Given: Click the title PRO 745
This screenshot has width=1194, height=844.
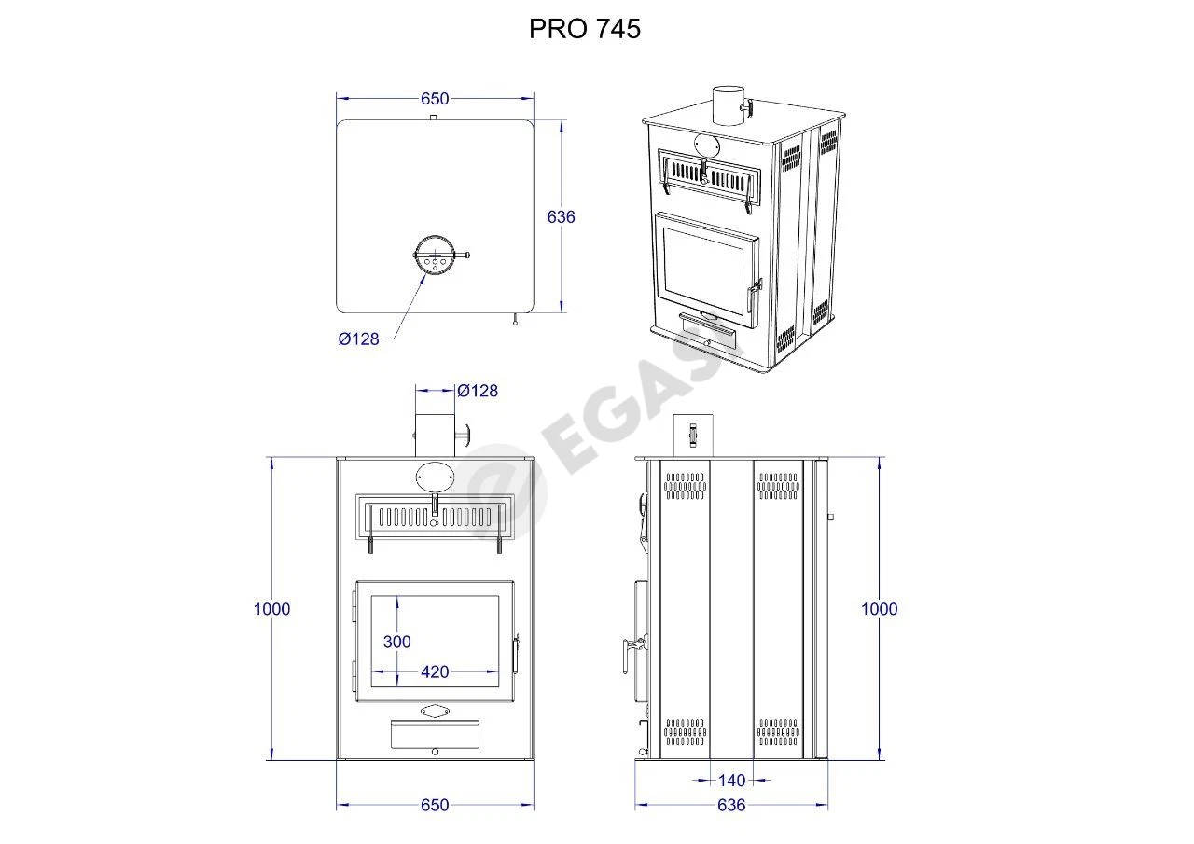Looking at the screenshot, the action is point(584,29).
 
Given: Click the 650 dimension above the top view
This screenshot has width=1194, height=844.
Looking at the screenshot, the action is point(435,99).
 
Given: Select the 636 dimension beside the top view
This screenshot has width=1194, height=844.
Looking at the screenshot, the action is point(561,217).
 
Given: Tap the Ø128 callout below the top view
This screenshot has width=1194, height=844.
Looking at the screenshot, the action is point(359,339).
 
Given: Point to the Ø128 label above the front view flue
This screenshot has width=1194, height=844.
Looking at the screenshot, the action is point(478,391).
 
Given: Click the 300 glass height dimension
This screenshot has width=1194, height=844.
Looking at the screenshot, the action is point(397,642).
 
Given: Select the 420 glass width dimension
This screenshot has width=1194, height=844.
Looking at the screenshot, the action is point(435,671).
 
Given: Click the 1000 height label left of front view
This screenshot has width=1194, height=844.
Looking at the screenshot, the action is point(271,608).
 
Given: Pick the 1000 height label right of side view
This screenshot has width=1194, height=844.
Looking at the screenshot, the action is point(880,608).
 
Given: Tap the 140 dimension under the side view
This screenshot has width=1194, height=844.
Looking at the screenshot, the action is point(732,781).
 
